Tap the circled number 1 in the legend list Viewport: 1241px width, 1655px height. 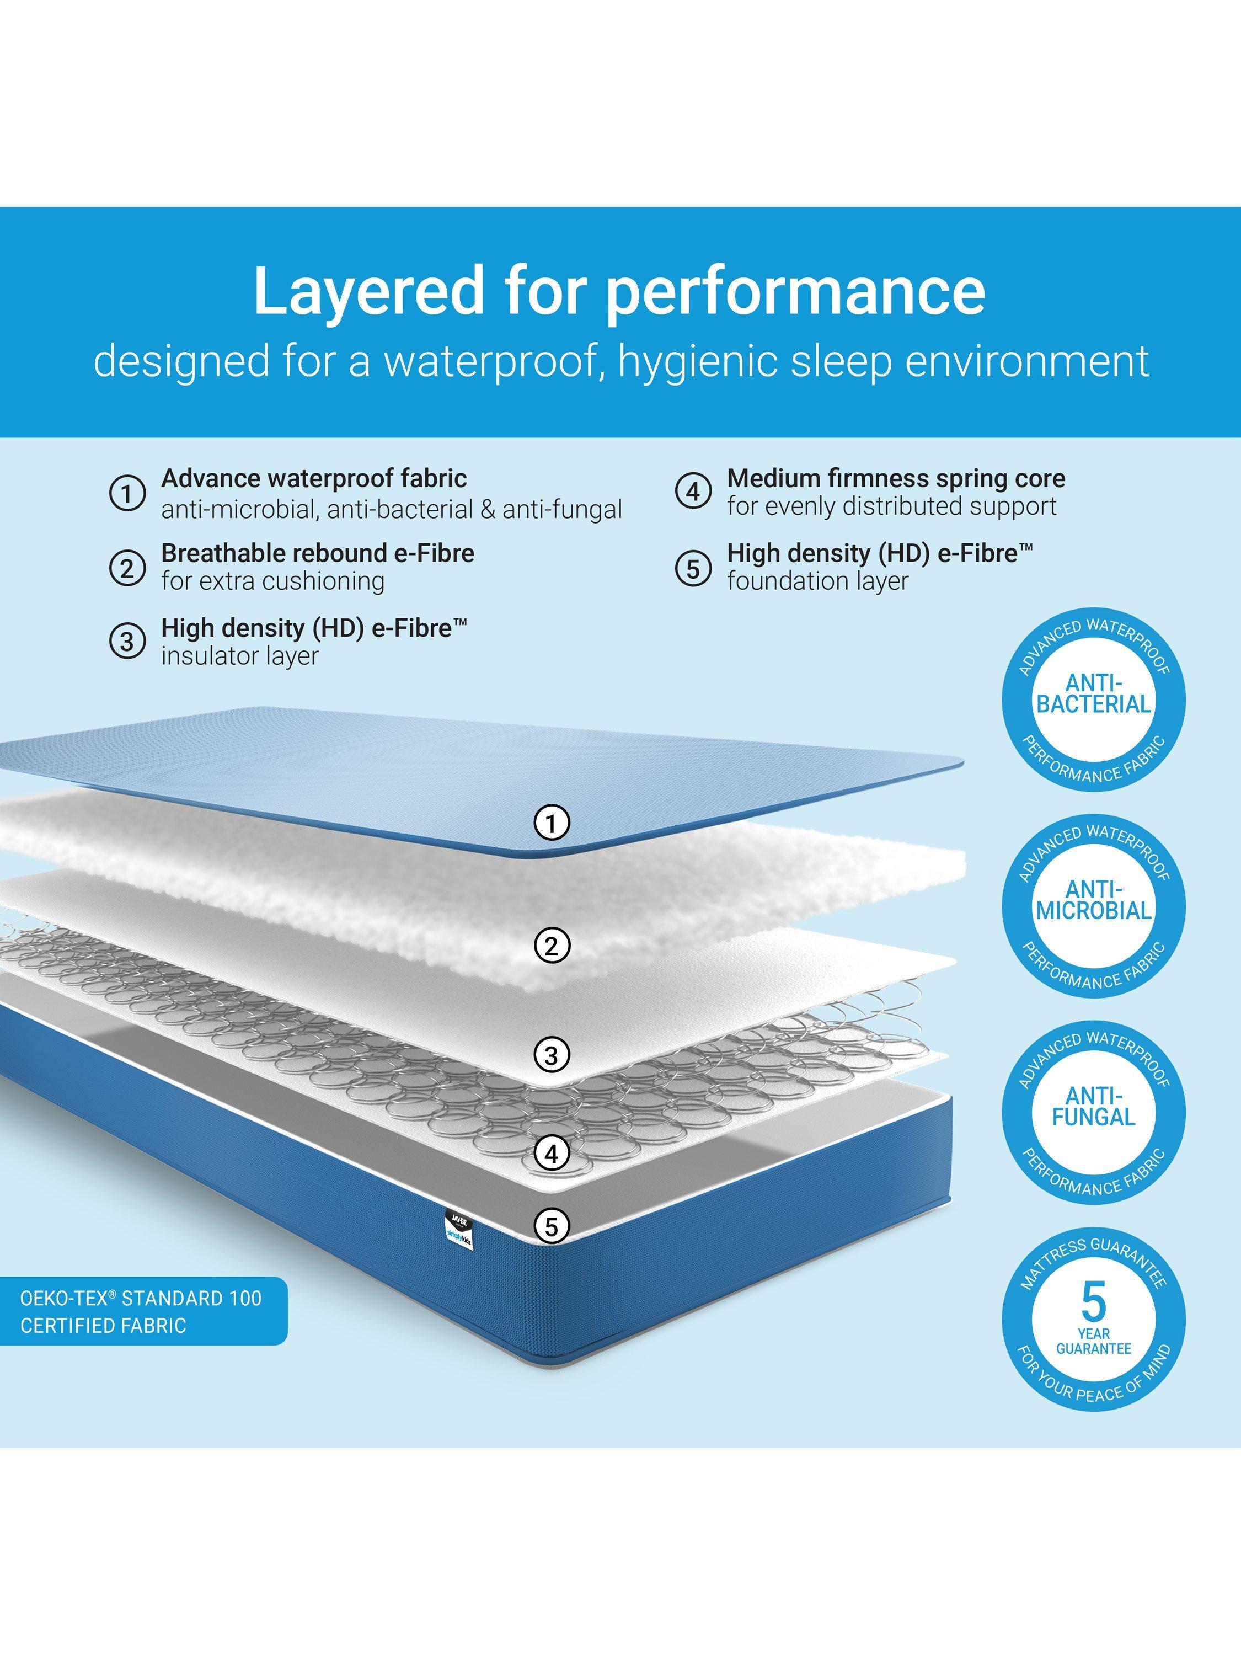tap(127, 494)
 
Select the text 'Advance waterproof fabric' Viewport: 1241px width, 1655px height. tap(314, 478)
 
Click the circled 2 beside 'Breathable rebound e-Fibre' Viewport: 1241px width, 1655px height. tap(127, 569)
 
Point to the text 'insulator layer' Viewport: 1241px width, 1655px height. tap(240, 656)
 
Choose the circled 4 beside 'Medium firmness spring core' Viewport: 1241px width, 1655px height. tap(693, 492)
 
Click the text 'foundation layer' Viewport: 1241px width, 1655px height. tap(817, 581)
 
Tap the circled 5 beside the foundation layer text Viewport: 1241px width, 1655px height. tap(693, 569)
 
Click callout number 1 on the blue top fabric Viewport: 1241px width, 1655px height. tap(552, 824)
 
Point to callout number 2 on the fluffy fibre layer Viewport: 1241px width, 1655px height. tap(552, 947)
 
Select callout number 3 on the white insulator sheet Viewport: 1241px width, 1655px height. tap(552, 1056)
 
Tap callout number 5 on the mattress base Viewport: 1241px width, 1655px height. tap(552, 1226)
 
